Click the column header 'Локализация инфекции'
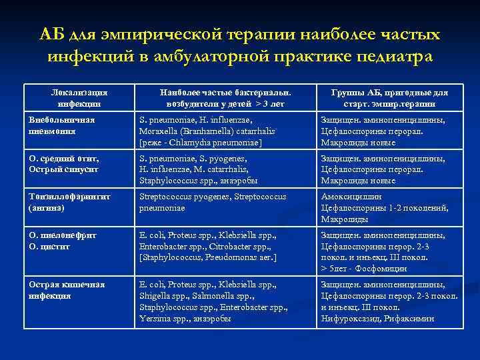pyautogui.click(x=79, y=98)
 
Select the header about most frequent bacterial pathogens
pyautogui.click(x=225, y=98)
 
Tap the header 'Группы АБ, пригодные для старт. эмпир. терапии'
pyautogui.click(x=389, y=98)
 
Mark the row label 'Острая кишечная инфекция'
pyautogui.click(x=66, y=290)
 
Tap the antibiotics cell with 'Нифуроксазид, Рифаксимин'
pyautogui.click(x=389, y=301)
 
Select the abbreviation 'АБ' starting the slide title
pyautogui.click(x=52, y=34)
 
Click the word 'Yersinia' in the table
pyautogui.click(x=154, y=319)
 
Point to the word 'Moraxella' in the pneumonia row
pyautogui.click(x=157, y=131)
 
